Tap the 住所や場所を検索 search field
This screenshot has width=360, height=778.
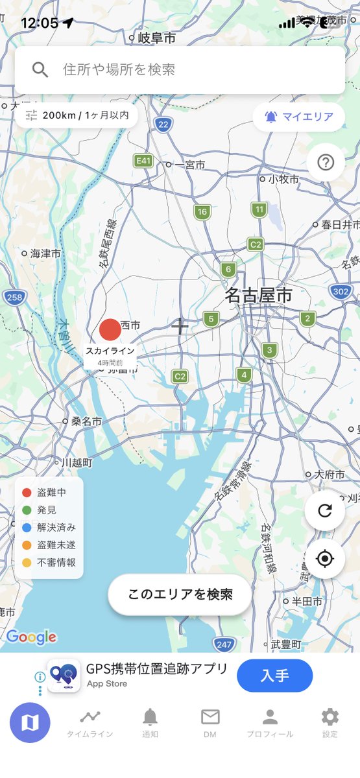[180, 70]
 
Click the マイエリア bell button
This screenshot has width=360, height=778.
[298, 117]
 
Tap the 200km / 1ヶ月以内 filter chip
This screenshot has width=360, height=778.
[77, 116]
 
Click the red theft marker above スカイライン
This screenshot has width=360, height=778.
[110, 329]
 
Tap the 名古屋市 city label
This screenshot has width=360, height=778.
[259, 296]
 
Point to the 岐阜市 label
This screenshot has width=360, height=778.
[156, 38]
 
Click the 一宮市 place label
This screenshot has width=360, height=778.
[189, 165]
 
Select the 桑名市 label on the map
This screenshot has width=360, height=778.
[86, 421]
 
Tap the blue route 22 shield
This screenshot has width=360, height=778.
[163, 124]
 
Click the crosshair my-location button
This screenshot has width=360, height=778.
[324, 558]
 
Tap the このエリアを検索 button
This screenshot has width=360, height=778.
[180, 595]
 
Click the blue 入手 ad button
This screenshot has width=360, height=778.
[274, 676]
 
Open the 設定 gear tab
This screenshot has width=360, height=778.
[330, 722]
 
